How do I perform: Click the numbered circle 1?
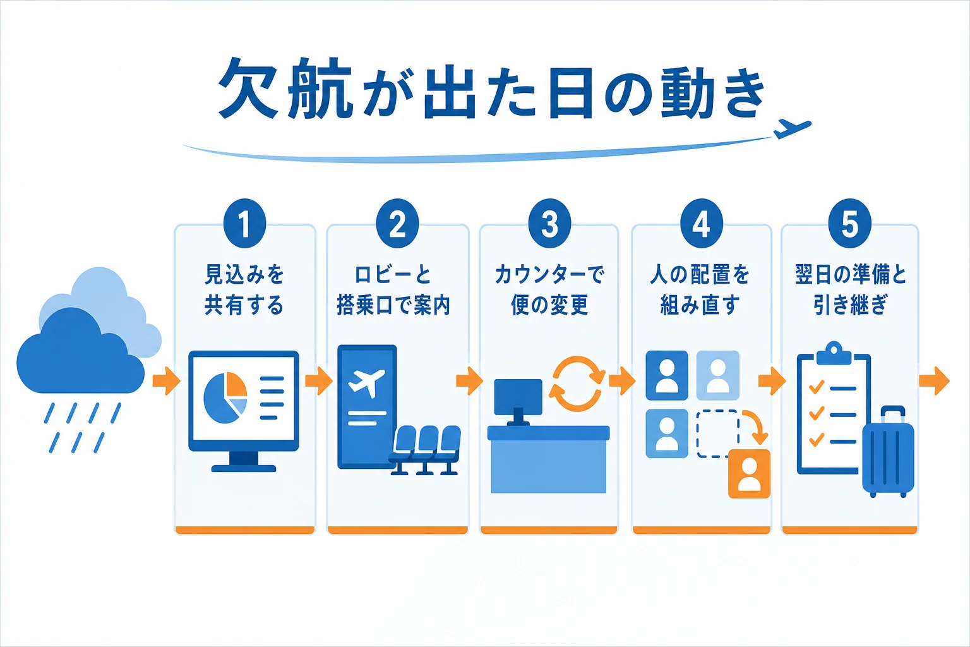(x=244, y=223)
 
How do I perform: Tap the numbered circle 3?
(x=549, y=223)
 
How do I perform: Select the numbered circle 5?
(x=849, y=223)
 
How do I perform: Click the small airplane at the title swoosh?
(x=791, y=129)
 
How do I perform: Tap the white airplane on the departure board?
(x=366, y=383)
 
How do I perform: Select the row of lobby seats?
(x=425, y=450)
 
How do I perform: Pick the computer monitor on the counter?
(x=518, y=401)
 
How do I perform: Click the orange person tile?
(x=749, y=474)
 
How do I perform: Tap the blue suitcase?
(x=888, y=452)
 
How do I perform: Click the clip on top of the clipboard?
(x=834, y=353)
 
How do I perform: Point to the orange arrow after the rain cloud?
(x=166, y=382)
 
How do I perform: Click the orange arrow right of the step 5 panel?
(x=934, y=381)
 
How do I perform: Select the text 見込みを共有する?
(x=244, y=289)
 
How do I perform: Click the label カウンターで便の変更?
(x=549, y=289)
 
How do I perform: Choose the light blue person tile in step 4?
(x=717, y=375)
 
